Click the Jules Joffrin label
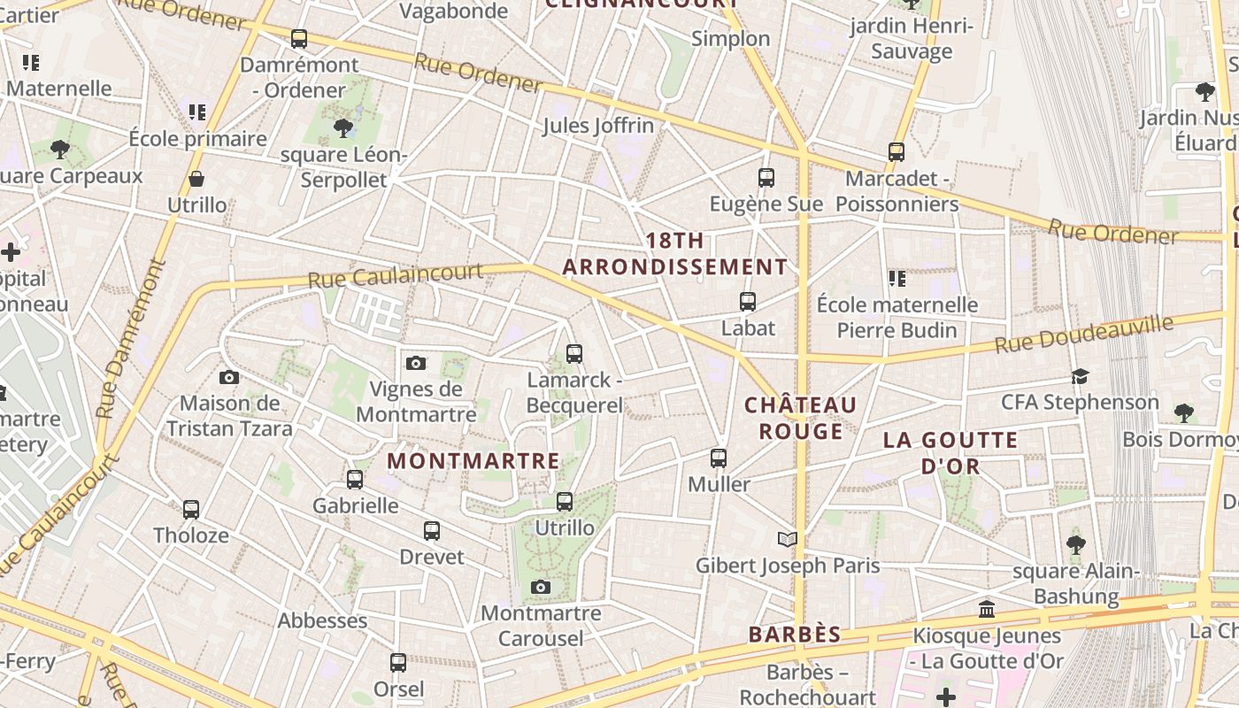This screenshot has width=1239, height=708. [598, 126]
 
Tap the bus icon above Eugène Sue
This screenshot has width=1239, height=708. [766, 178]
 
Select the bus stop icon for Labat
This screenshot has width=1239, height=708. [748, 302]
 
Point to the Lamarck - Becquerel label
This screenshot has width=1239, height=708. [574, 392]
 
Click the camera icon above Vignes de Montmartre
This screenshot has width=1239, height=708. [415, 363]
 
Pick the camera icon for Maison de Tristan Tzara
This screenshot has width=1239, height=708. [229, 378]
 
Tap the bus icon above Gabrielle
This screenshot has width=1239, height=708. [355, 480]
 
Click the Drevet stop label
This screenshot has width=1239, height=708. [432, 557]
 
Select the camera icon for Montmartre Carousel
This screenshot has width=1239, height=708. [541, 588]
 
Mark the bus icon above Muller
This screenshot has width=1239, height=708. [719, 458]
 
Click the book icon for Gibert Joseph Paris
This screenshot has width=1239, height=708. [787, 539]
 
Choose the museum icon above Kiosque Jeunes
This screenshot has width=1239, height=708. [987, 610]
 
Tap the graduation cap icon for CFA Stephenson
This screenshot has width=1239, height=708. [1080, 377]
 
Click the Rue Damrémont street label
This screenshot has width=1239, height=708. [131, 338]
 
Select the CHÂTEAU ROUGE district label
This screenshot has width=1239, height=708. [800, 418]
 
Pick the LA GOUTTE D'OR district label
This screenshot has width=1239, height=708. [950, 452]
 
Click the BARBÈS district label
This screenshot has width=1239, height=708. [795, 635]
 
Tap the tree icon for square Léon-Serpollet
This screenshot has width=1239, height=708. [343, 129]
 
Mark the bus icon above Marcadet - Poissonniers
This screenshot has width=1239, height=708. [897, 152]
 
